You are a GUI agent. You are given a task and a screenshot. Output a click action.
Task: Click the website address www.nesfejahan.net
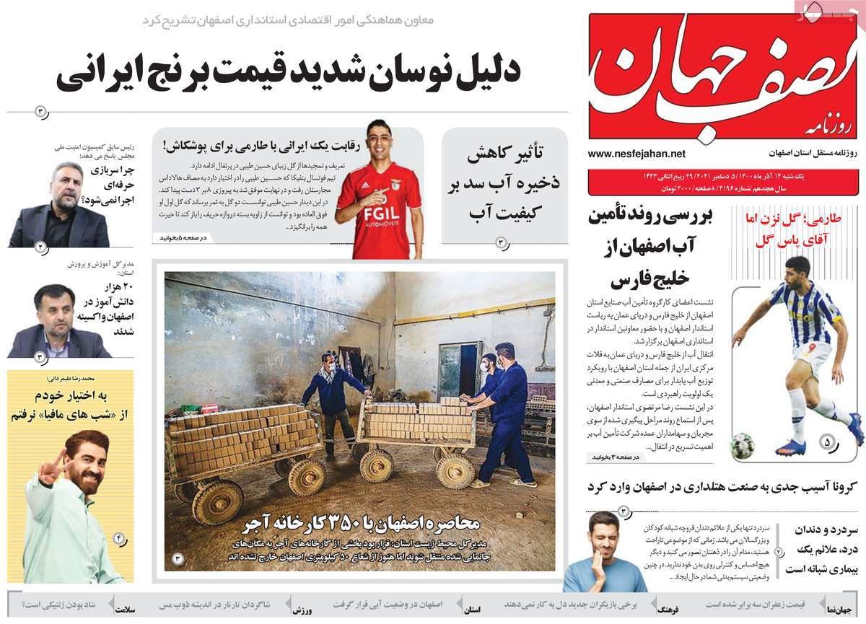(x=637, y=154)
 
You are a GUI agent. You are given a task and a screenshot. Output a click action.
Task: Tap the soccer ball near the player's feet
(x=741, y=447)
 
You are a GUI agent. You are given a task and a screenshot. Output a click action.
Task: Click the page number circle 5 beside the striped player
(x=826, y=440)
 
